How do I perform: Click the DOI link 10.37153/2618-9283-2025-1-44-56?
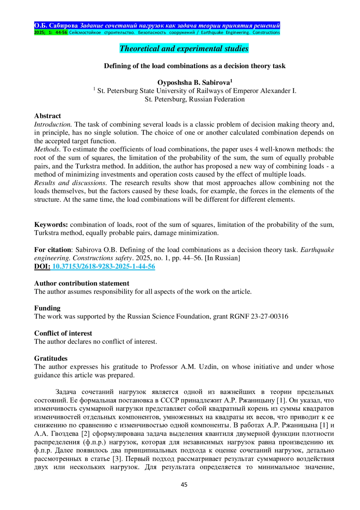[x=103, y=267]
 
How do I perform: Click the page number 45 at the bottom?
[x=184, y=484]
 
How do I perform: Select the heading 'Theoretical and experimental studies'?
[x=184, y=49]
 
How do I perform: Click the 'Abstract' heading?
[x=47, y=116]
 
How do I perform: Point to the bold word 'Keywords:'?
[x=51, y=225]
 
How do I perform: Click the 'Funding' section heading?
[x=47, y=308]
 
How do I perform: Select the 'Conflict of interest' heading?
[x=63, y=333]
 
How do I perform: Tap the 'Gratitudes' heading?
[x=51, y=359]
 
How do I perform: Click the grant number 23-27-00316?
[x=269, y=316]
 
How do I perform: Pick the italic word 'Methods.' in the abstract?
[x=47, y=149]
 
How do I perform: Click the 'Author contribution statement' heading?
[x=82, y=283]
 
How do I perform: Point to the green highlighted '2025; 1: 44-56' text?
[x=51, y=32]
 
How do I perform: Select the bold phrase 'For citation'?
[x=52, y=250]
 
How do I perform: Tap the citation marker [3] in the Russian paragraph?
[x=117, y=459]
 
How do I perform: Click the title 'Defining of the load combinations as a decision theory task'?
[x=195, y=66]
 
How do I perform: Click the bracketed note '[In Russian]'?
[x=222, y=258]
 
